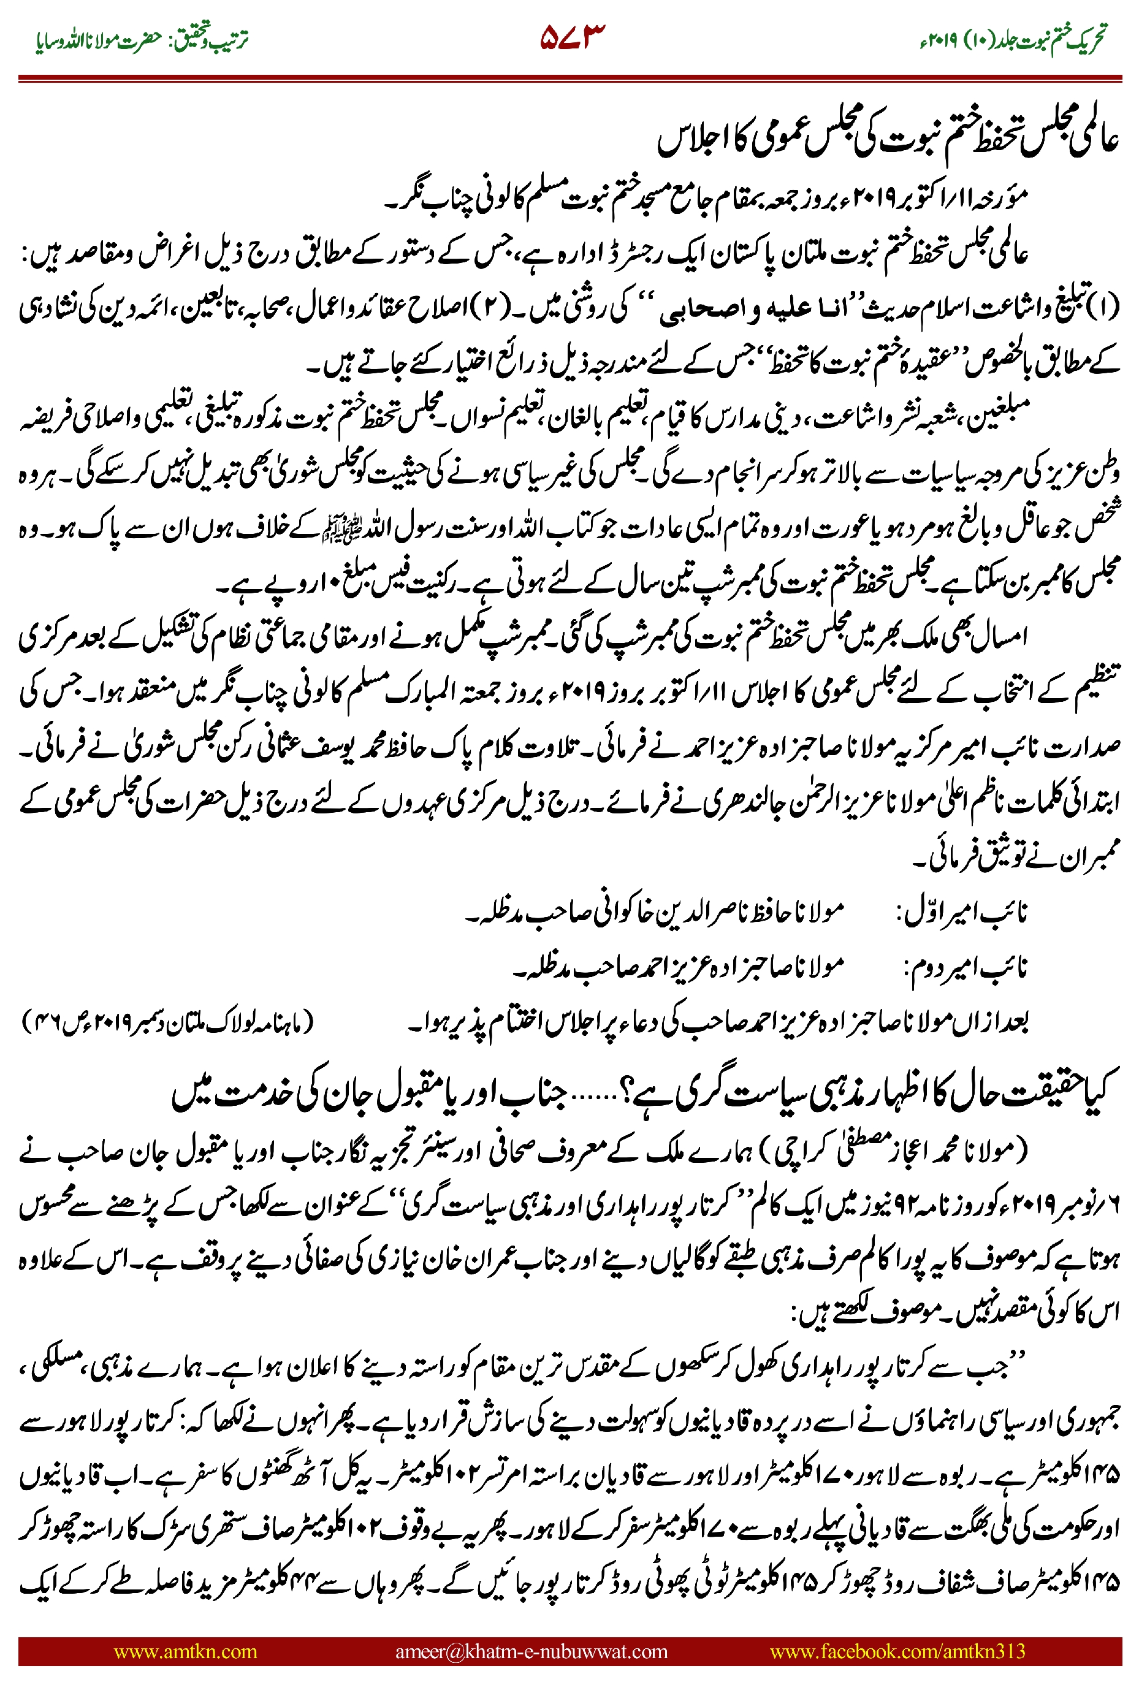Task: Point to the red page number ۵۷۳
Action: click(573, 37)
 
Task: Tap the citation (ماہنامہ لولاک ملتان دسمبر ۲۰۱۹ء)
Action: click(167, 1022)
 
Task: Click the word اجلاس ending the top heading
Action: click(690, 142)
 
